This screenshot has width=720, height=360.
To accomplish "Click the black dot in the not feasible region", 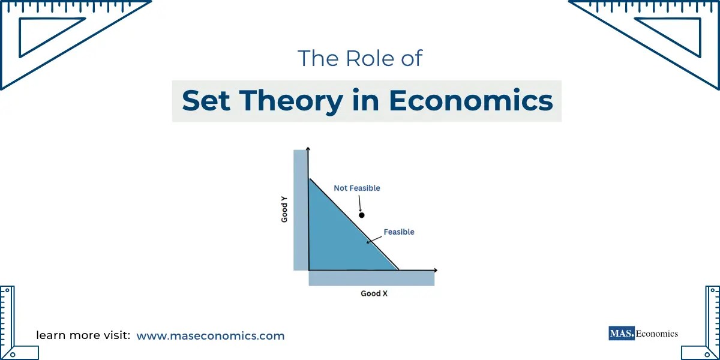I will [361, 215].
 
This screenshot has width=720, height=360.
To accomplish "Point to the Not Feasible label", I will [357, 188].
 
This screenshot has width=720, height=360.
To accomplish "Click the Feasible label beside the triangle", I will [399, 232].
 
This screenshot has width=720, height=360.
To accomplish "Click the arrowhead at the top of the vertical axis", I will [307, 148].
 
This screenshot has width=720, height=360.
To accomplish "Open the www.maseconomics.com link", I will [211, 335].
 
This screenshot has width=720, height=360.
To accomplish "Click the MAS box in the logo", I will [621, 333].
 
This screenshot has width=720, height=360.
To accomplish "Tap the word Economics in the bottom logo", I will [657, 334].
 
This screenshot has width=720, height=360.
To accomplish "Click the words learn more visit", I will [83, 335].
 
